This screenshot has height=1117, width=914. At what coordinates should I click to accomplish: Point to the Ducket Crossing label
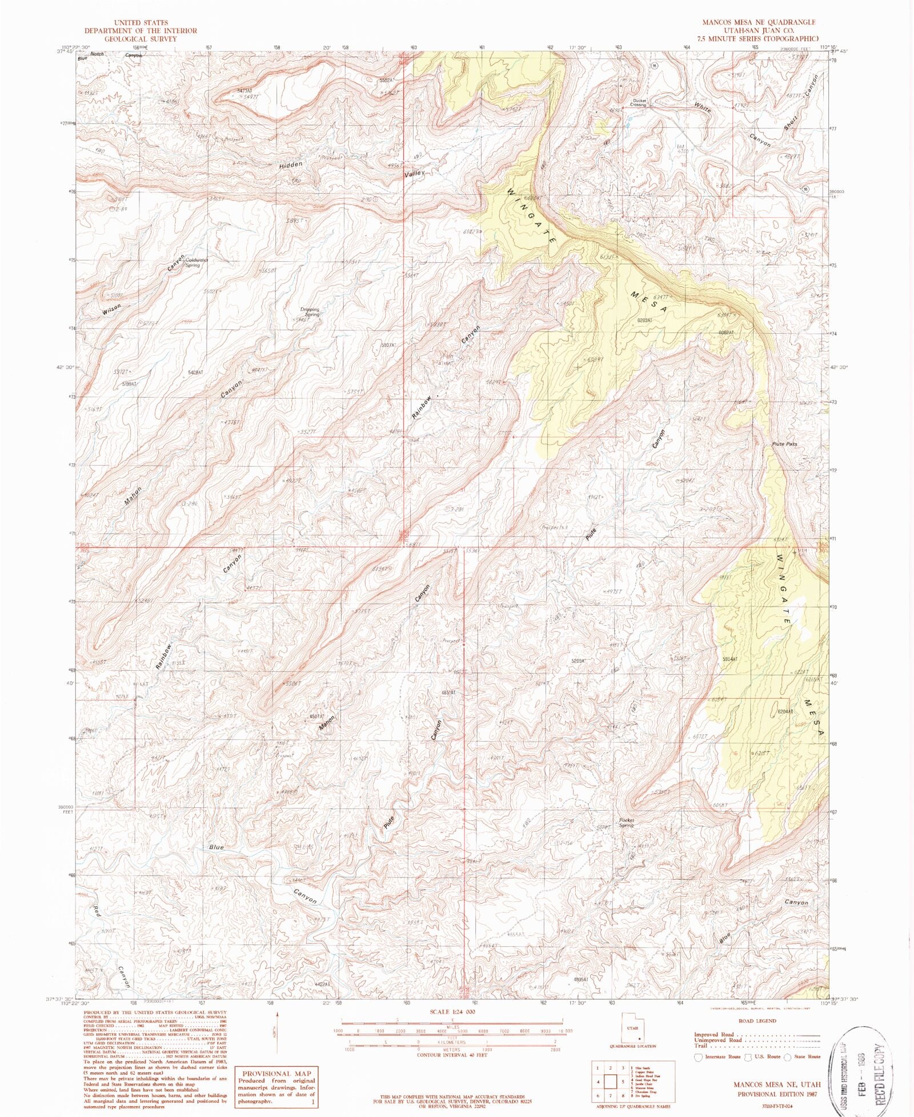pyautogui.click(x=638, y=102)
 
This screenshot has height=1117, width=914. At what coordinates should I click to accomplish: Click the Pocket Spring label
pyautogui.click(x=627, y=823)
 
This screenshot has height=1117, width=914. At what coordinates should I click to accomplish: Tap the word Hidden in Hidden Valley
pyautogui.click(x=291, y=165)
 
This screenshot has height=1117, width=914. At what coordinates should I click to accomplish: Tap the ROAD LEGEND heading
pyautogui.click(x=757, y=1020)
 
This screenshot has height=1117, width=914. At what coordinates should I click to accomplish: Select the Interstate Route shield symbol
pyautogui.click(x=697, y=1056)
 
